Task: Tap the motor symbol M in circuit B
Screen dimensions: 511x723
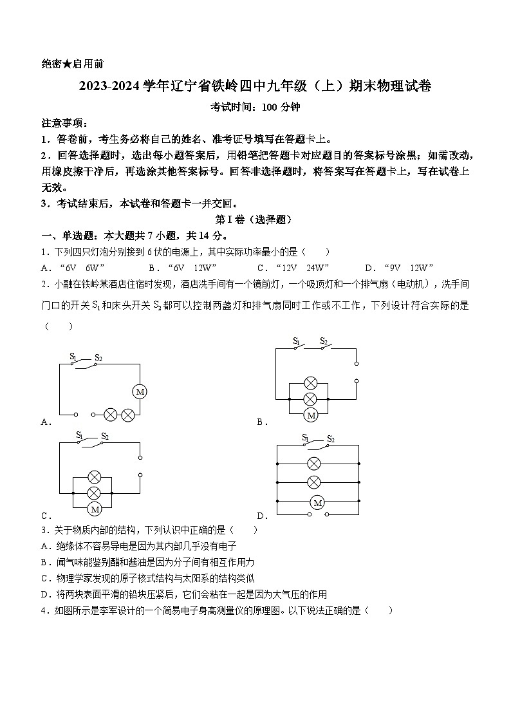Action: tap(311, 415)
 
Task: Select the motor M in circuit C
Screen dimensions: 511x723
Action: tap(95, 509)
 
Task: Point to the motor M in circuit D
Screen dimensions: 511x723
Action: tap(316, 502)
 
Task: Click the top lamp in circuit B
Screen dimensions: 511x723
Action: tap(311, 384)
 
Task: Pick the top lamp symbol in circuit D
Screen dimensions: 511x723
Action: tap(314, 463)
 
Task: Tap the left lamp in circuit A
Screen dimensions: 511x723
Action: tap(110, 415)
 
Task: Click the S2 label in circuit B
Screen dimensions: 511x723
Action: tap(324, 341)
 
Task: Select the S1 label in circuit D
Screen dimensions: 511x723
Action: tap(305, 438)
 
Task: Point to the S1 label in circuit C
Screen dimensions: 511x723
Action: tap(79, 436)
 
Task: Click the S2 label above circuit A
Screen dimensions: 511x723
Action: tap(98, 357)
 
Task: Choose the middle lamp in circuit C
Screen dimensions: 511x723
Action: tap(95, 493)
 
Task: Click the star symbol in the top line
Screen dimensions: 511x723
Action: tap(66, 64)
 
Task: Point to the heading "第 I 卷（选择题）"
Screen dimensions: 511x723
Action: tap(256, 220)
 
